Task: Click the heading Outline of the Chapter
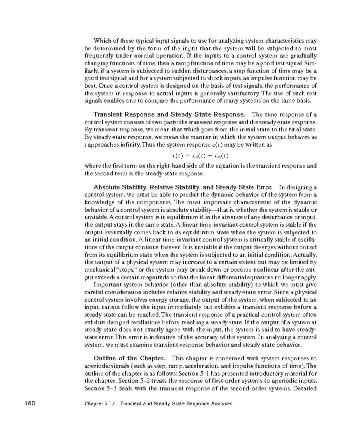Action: click(129, 358)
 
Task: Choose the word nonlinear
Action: click(278, 270)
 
